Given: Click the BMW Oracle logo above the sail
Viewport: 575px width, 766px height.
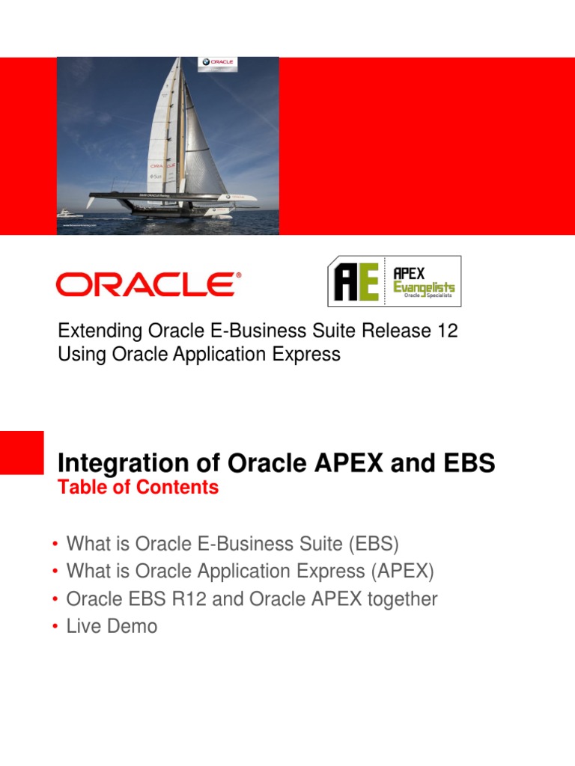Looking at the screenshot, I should (x=217, y=63).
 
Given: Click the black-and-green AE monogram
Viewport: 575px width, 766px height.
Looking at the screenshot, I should (x=356, y=283).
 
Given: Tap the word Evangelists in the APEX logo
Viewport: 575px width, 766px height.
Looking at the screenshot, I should (x=424, y=287).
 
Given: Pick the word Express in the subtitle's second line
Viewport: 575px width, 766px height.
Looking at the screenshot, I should (x=309, y=354).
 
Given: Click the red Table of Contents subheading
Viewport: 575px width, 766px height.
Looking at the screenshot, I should (x=138, y=488).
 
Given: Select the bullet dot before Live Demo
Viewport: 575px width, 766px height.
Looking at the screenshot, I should (x=55, y=627).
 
